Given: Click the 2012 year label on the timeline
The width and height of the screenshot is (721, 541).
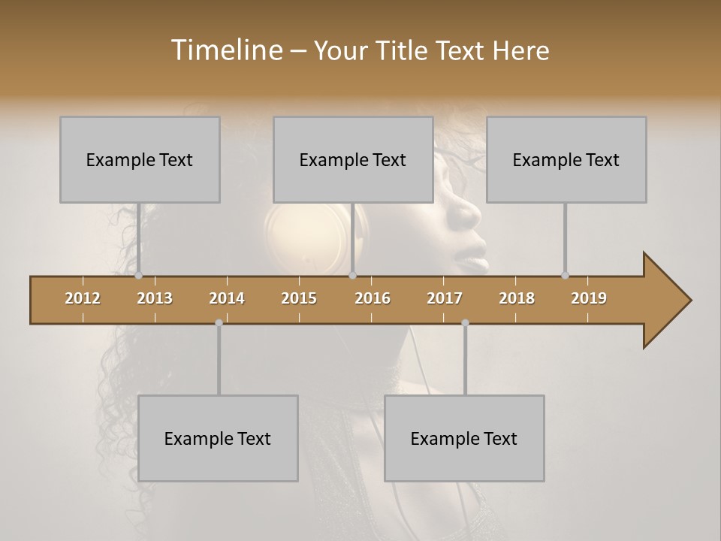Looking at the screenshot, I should (83, 298).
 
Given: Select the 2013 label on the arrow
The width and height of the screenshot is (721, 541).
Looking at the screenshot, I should (155, 298).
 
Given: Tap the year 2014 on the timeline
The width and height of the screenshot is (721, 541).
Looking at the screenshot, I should (227, 298).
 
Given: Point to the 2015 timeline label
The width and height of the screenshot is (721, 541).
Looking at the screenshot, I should (299, 298).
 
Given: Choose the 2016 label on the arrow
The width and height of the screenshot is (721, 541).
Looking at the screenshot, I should (373, 298).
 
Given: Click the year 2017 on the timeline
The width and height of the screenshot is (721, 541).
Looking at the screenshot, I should (445, 298).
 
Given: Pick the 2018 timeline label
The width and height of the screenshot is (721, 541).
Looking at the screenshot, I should (517, 298).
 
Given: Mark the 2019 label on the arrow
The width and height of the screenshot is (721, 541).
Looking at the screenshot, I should (589, 298).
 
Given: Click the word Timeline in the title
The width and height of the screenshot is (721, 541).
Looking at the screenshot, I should (225, 50).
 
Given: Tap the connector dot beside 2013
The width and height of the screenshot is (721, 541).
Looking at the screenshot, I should (138, 276).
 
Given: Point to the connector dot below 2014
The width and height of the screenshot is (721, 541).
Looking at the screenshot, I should (219, 322).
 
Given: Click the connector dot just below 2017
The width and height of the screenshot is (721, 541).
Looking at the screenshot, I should (465, 322).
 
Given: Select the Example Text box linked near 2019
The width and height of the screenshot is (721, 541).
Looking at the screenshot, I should (566, 159).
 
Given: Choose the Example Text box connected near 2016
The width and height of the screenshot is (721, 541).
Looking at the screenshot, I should (353, 159).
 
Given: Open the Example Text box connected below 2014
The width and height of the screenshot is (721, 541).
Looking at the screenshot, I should (218, 438).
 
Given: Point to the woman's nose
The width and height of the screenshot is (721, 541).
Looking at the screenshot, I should (469, 213).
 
